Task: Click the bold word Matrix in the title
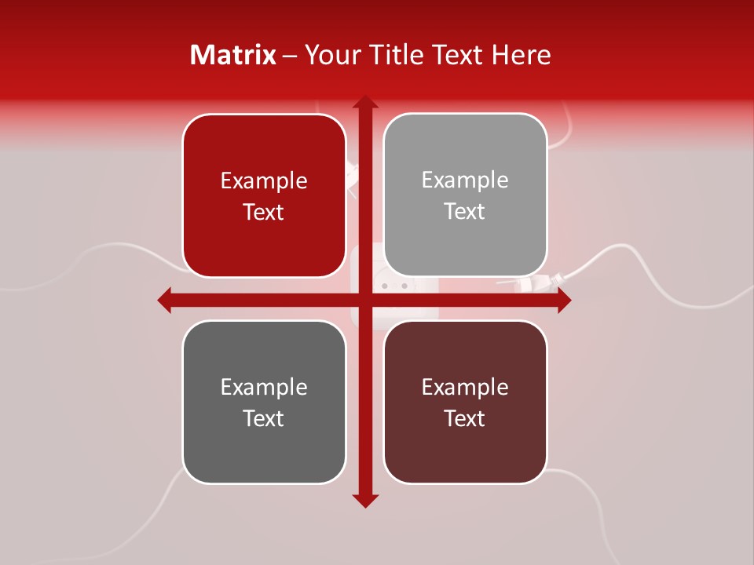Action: pyautogui.click(x=233, y=55)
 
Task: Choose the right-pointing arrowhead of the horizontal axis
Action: pyautogui.click(x=564, y=300)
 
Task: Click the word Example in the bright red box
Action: pyautogui.click(x=264, y=180)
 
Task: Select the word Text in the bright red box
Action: pyautogui.click(x=264, y=212)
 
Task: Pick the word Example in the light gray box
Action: pyautogui.click(x=465, y=180)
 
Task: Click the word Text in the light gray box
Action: pyautogui.click(x=465, y=211)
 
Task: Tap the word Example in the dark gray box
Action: pyautogui.click(x=264, y=387)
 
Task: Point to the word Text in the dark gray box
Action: pyautogui.click(x=264, y=418)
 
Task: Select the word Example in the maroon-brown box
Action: pyautogui.click(x=465, y=387)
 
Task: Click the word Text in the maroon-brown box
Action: pyautogui.click(x=465, y=418)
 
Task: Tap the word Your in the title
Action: pyautogui.click(x=326, y=55)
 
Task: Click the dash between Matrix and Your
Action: pyautogui.click(x=290, y=56)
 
